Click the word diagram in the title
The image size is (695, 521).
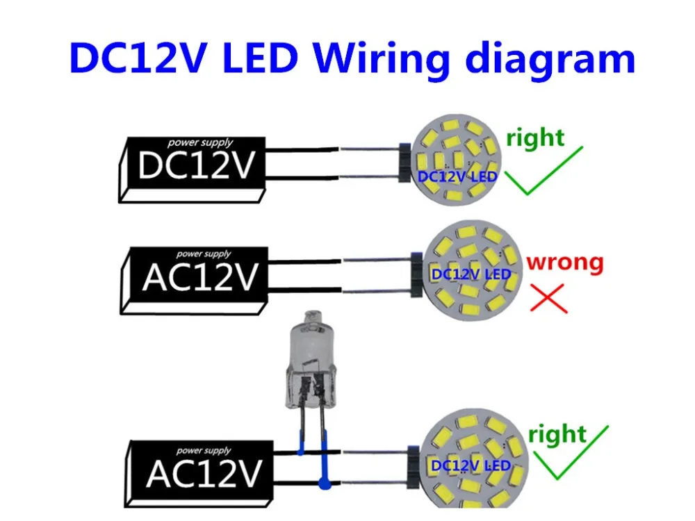tap(550, 58)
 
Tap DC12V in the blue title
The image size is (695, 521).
tap(138, 58)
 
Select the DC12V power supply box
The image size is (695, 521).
tap(193, 170)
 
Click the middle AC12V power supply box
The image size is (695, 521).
tap(195, 281)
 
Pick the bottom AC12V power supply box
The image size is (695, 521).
tap(199, 474)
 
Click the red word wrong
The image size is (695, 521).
tap(564, 263)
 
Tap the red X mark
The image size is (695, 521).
tap(549, 298)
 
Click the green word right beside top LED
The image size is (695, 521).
tap(535, 139)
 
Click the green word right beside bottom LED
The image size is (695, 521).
tap(557, 435)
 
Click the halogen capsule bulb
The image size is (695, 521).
tap(309, 359)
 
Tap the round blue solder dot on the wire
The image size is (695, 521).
tap(325, 483)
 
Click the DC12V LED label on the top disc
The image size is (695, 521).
tap(457, 176)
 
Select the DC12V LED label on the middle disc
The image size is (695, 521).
tap(471, 274)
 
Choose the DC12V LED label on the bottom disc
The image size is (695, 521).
tap(471, 466)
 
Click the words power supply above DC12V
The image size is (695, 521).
tap(200, 142)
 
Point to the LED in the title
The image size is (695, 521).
tap(260, 58)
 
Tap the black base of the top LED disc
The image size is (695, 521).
tap(404, 163)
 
